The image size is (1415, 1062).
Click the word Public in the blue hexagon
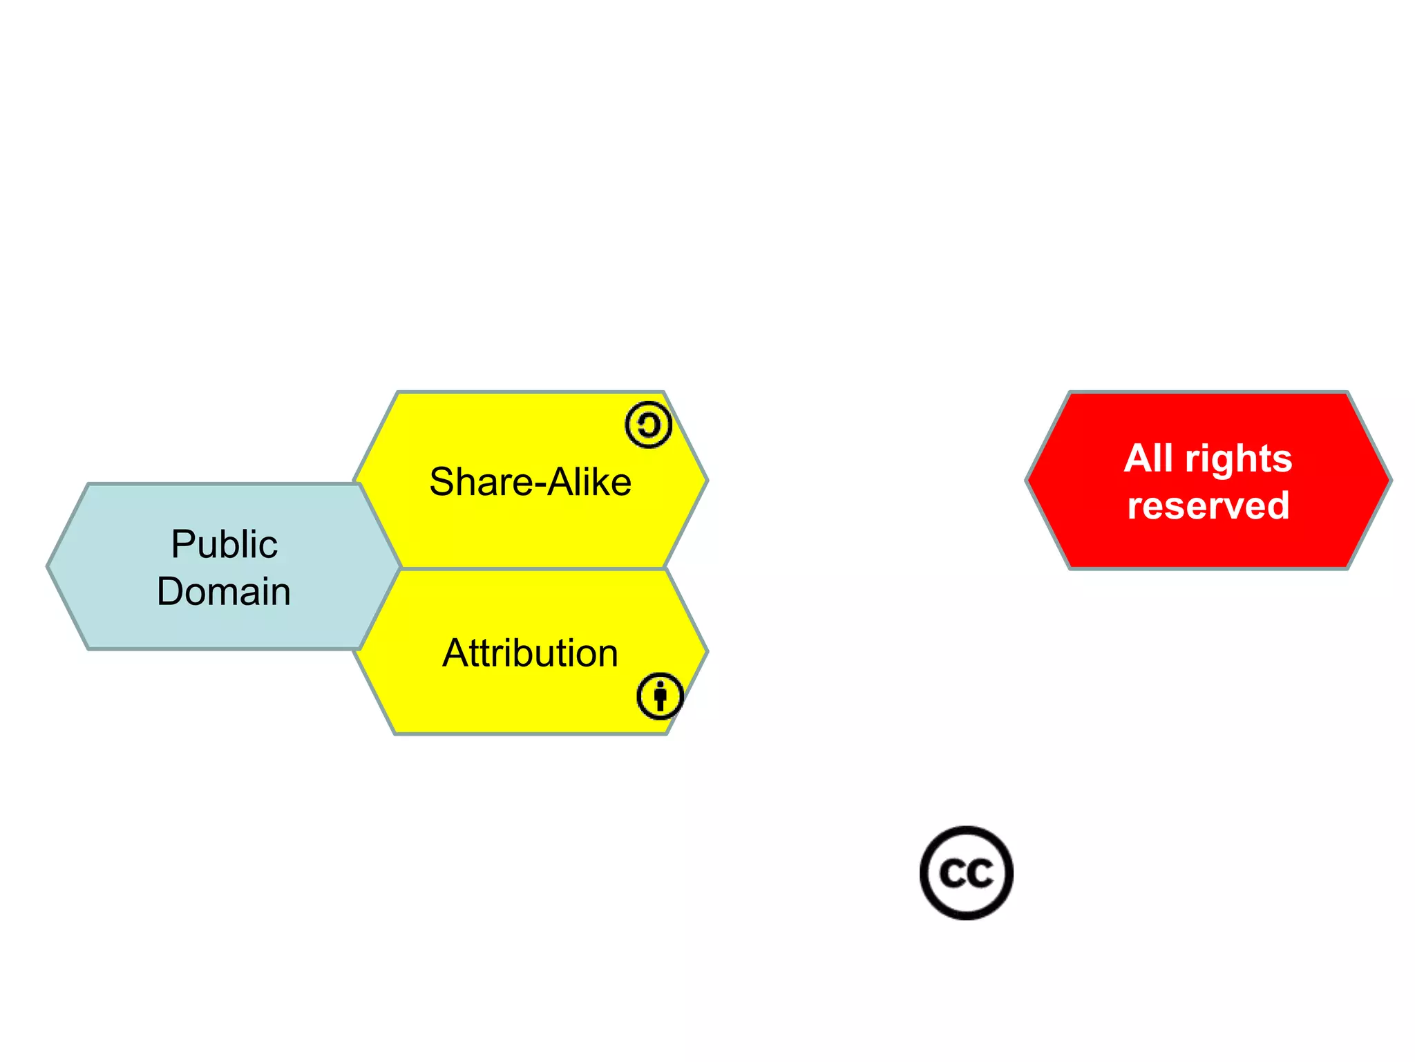point(224,544)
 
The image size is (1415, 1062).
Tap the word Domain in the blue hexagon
point(224,592)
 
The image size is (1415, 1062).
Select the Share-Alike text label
point(530,482)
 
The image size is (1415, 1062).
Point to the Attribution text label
point(530,653)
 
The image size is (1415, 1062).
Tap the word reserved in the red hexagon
point(1208,505)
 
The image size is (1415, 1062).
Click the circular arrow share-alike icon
point(648,425)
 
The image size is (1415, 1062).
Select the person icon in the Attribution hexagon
point(660,696)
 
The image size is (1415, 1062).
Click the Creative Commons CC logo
point(966,873)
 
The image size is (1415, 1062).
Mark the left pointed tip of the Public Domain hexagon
point(48,567)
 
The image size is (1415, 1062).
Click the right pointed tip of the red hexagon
point(1390,480)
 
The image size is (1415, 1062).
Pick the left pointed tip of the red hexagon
point(1027,480)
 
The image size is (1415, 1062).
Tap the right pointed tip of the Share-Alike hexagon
point(707,480)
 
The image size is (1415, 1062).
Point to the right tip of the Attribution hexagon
point(707,651)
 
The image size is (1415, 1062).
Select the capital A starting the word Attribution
point(456,653)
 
